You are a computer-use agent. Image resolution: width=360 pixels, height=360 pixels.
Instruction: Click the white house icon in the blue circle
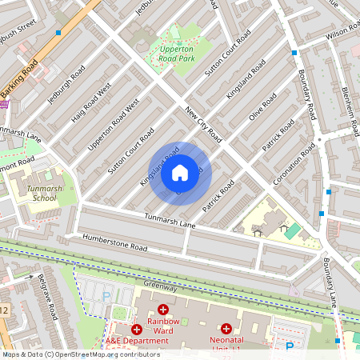coord(180,172)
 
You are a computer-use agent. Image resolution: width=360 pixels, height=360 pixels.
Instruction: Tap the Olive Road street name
coord(262,107)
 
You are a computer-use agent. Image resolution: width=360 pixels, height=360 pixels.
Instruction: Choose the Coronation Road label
coord(294,164)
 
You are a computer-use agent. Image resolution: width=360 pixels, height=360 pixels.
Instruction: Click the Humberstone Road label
coord(116,242)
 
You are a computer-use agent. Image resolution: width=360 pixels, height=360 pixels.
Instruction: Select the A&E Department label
coord(138,341)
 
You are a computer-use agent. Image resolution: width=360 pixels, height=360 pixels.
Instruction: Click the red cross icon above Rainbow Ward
coord(163,309)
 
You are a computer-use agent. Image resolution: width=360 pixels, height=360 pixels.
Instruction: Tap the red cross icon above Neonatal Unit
coord(226,328)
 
